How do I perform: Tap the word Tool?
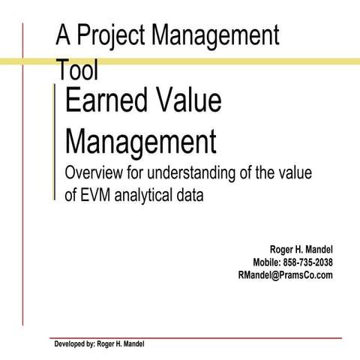(x=77, y=71)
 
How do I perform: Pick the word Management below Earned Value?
(x=140, y=139)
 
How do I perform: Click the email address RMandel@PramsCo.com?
(x=284, y=274)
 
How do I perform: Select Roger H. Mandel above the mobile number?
(x=301, y=249)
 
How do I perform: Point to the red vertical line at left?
(x=23, y=187)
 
